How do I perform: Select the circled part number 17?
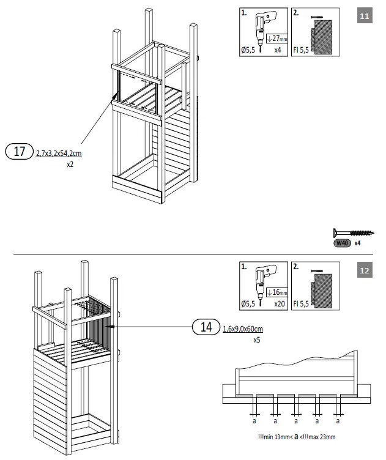pos(20,151)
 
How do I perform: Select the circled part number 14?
pos(206,327)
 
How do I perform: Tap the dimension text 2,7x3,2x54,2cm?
pos(59,154)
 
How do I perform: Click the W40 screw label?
pos(341,243)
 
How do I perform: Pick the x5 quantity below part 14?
pos(258,339)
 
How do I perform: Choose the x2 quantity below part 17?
pos(71,165)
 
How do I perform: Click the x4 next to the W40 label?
pos(358,243)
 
